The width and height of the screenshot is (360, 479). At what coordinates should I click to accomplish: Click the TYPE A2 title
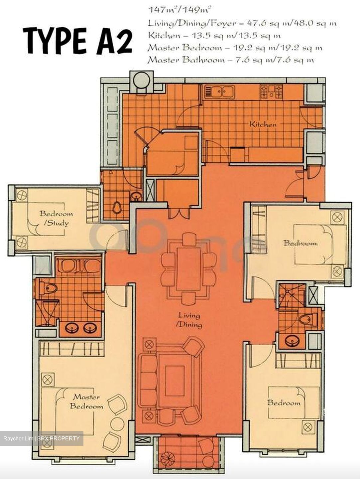(77, 41)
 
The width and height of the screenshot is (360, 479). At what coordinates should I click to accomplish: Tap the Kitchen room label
(263, 125)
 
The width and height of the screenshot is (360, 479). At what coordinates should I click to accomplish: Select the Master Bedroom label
(86, 401)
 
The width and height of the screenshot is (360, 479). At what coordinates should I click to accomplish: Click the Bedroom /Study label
(56, 218)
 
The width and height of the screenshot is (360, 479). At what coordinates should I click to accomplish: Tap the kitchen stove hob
(271, 91)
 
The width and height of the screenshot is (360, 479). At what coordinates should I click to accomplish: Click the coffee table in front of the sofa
(175, 381)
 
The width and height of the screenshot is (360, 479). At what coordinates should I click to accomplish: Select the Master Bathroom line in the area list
(231, 60)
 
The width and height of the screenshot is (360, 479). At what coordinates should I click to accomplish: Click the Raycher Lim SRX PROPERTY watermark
(42, 438)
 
